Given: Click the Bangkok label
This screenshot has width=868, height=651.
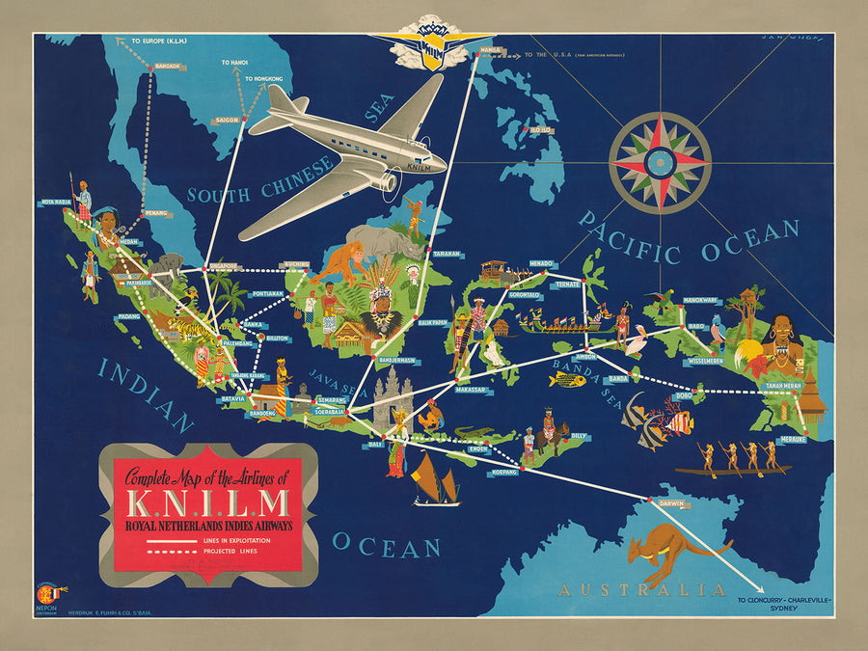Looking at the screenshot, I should point(166,65).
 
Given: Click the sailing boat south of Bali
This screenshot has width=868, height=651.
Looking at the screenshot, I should point(433,480).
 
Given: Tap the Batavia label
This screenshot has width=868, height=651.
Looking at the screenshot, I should point(231,398).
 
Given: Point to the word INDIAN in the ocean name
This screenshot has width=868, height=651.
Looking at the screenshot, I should point(145,392).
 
